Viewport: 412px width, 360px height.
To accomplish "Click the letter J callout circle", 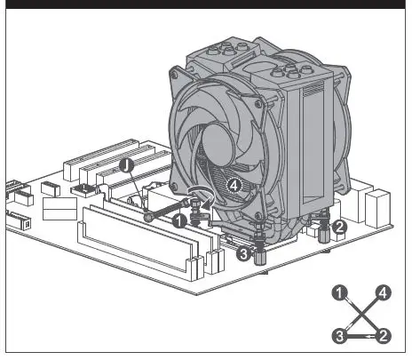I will point(128,166).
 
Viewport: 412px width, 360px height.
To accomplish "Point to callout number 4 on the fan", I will point(233,186).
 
